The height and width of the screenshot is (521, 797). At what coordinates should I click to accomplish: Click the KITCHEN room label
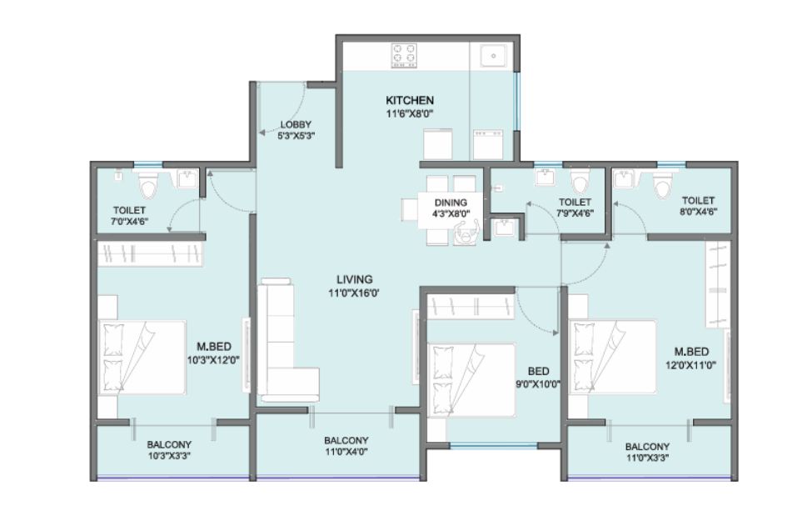pos(410,100)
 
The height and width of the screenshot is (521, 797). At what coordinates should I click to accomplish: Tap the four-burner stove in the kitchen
pos(404,56)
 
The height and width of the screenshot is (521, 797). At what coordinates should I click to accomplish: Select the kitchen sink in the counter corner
pos(493,56)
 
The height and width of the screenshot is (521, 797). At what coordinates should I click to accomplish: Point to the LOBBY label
pos(296,125)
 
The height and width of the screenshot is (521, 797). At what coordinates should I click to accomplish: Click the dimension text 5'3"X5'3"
pos(296,136)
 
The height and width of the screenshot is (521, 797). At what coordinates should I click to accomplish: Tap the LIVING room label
pos(354,279)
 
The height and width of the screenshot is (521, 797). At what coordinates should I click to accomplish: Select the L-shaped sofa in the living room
pos(287,339)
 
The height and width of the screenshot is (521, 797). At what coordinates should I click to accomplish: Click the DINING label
pos(451,203)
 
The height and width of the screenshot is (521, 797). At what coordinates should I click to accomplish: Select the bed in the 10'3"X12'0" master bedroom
pos(142,357)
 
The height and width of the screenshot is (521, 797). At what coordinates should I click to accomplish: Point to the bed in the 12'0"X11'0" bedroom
pos(612,357)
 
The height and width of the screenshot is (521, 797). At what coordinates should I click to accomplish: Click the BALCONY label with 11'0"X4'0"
pos(346,441)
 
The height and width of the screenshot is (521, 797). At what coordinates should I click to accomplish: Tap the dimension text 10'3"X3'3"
pos(169,456)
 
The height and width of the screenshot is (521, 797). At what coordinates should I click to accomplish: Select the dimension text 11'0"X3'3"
pos(647,458)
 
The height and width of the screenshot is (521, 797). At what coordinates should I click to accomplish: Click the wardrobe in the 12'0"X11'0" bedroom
pos(718,284)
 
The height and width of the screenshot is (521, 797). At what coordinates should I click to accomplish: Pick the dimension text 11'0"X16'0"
pos(354,293)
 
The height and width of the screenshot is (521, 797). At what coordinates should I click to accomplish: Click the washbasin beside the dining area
pos(505,227)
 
